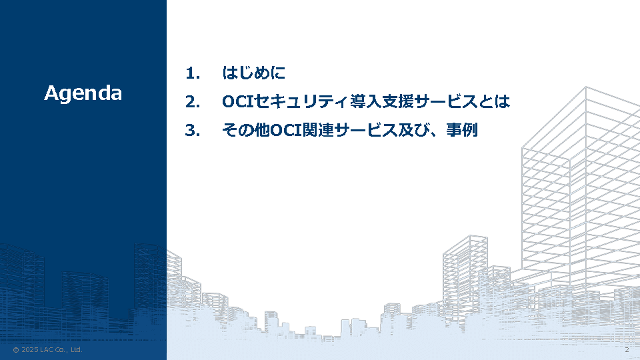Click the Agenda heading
click(x=83, y=94)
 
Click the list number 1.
click(x=193, y=73)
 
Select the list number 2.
click(x=193, y=101)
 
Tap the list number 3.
click(x=193, y=131)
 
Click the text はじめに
click(x=253, y=73)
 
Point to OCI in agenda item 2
click(x=238, y=101)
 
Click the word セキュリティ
click(x=301, y=101)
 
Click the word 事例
click(x=461, y=130)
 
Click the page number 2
click(x=627, y=350)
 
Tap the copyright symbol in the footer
click(x=16, y=350)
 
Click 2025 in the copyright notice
click(x=30, y=350)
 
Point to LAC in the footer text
click(x=47, y=350)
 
